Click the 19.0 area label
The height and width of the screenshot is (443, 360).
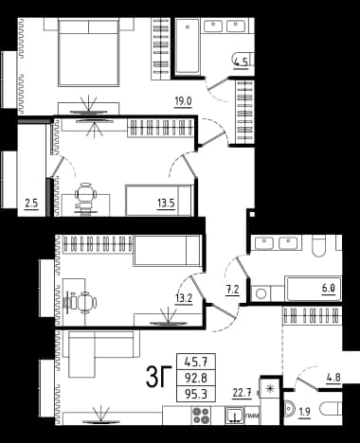(x=184, y=101)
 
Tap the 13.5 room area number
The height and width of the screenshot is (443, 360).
(x=166, y=203)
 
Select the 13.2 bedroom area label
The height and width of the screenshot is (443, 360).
(x=184, y=298)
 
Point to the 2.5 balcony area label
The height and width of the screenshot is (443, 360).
(x=31, y=203)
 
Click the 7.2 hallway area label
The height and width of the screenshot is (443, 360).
(x=232, y=290)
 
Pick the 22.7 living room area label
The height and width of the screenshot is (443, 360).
(x=242, y=393)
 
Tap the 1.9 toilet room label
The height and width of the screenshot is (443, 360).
(x=304, y=412)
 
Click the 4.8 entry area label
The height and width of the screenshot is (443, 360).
(x=333, y=378)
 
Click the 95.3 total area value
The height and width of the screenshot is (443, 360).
(x=196, y=394)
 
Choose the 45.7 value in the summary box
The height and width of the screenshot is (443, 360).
(x=196, y=362)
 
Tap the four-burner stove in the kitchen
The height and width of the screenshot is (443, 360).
(x=202, y=416)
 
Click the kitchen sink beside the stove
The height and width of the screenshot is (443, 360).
(x=235, y=415)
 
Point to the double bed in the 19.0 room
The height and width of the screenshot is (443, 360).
(x=89, y=53)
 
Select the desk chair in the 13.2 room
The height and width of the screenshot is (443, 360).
(x=86, y=302)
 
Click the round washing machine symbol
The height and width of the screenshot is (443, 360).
(x=261, y=294)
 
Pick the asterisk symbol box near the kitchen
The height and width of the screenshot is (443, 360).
(x=270, y=388)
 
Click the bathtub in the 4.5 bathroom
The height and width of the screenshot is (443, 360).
(x=188, y=46)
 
